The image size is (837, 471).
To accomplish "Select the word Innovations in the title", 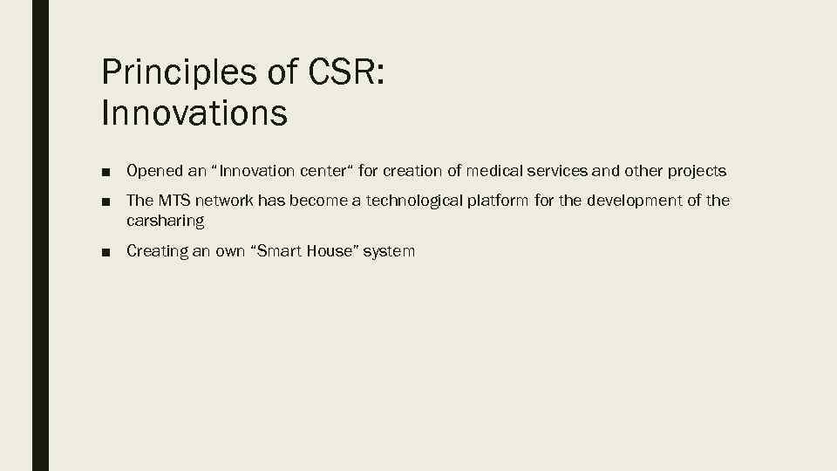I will (194, 113).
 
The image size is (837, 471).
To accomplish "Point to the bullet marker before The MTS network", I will (105, 201).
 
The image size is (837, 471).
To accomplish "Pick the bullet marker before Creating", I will (105, 252).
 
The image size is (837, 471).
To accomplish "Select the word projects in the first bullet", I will (697, 171).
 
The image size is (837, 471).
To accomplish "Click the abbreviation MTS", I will (174, 201).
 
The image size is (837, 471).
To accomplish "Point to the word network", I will (226, 201).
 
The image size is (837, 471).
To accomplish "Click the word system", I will (389, 251).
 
